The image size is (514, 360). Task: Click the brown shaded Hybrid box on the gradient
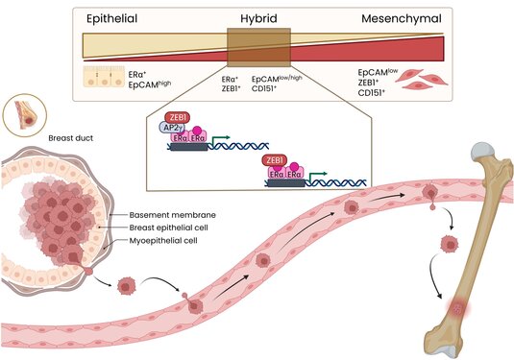coord(258,47)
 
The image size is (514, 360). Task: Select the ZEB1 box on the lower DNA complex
coord(275,159)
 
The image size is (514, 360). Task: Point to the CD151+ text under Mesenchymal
coord(372,94)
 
